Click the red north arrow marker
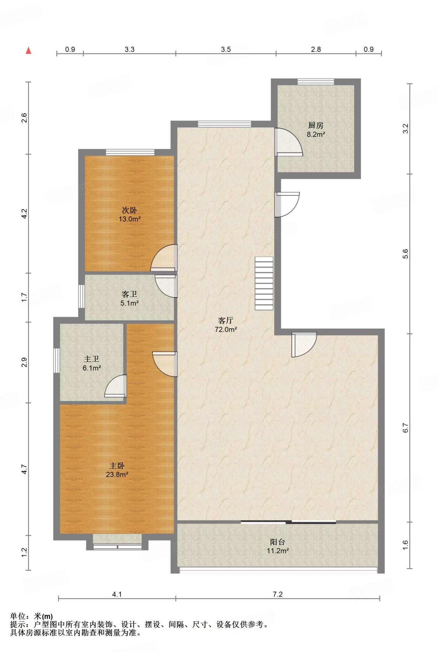point(28,50)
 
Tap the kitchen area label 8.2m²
point(316,134)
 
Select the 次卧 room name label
point(129,210)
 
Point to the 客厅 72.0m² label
point(226,325)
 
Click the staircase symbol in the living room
point(264,283)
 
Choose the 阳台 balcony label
point(277,542)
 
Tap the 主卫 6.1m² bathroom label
point(92,363)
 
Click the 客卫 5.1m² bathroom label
point(129,298)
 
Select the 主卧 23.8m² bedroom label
point(117,470)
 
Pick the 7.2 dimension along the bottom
point(277,594)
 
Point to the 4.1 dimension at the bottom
point(117,594)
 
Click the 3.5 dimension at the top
point(226,49)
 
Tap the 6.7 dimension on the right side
point(405,428)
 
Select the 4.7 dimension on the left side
point(24,469)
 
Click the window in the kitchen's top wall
point(316,82)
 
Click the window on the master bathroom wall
point(56,360)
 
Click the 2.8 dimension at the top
point(316,49)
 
